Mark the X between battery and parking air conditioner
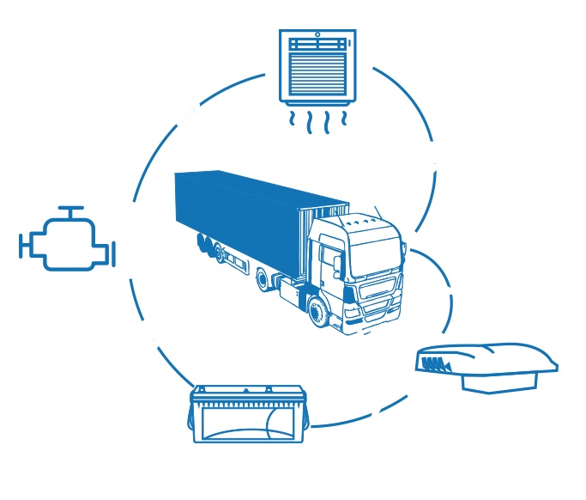(374, 416)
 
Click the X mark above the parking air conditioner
(450, 291)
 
